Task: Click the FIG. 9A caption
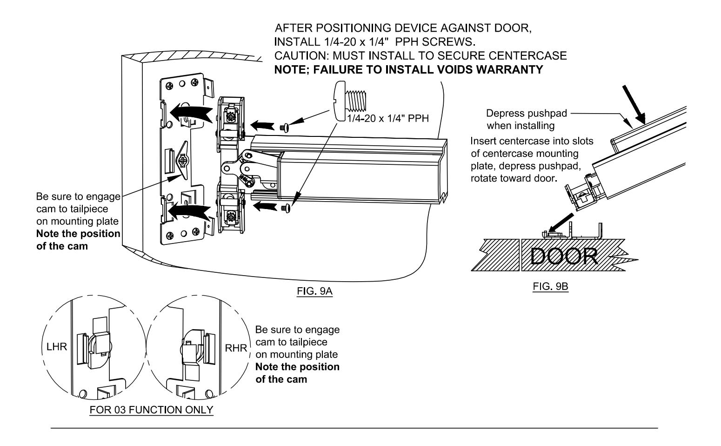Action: [x=314, y=291]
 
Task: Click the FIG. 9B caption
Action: [x=550, y=286]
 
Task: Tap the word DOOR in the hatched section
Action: [x=564, y=256]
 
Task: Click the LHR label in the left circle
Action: [x=57, y=347]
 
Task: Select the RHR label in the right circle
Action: [x=236, y=348]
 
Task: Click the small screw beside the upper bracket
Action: [x=284, y=128]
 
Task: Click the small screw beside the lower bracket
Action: [x=286, y=209]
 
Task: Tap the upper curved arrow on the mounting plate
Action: [x=191, y=113]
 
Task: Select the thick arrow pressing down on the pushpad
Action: [x=634, y=104]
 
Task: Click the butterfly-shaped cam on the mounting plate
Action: [x=182, y=160]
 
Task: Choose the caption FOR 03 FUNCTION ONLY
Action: [x=151, y=410]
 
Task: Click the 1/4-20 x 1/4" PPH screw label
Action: [x=388, y=118]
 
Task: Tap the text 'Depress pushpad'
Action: [x=527, y=113]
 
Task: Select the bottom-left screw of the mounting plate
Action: [x=170, y=236]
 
